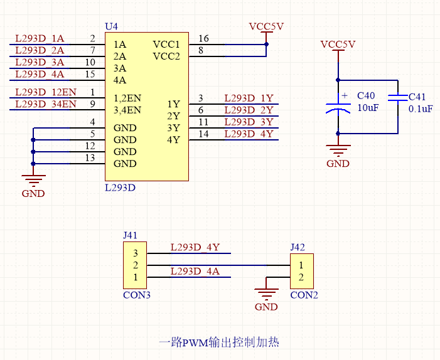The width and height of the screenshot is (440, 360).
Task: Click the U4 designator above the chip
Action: coord(111,26)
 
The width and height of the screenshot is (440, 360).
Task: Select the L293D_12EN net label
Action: coord(46,92)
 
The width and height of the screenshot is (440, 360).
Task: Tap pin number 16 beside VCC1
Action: coord(203,38)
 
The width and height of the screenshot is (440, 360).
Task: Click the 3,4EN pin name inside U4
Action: coord(127,110)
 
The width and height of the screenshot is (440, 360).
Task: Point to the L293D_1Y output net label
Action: coord(249,98)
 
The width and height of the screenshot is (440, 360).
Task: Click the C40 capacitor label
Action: coord(366,96)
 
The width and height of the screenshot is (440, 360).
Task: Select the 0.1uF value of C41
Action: coord(421,109)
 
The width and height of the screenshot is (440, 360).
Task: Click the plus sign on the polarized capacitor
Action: coord(345,95)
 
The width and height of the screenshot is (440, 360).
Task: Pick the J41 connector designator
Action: coord(130,235)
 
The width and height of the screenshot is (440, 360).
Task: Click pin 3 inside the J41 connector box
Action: coord(136,253)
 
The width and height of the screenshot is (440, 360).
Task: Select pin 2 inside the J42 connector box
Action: coord(301,277)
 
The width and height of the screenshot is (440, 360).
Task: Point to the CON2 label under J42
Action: coord(304,295)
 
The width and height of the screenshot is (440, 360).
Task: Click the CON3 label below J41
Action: coord(137,295)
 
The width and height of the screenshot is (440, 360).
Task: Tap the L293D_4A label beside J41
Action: coord(195,272)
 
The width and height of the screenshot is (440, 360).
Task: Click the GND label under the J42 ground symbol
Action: coord(266,307)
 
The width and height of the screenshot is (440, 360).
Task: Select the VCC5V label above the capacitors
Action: coord(338,45)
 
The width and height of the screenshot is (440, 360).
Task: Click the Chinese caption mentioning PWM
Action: coord(219,342)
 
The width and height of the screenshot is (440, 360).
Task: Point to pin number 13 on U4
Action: coord(90,158)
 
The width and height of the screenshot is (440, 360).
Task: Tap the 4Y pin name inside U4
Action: coord(173,140)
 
